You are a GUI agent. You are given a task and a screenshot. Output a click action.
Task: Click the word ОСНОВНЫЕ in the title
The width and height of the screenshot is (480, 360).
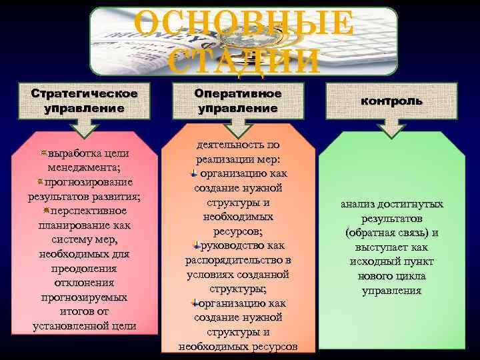[244, 24]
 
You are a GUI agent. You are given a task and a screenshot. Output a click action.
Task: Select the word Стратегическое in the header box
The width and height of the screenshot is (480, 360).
[85, 92]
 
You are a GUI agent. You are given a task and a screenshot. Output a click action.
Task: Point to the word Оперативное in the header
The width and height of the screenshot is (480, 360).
[238, 93]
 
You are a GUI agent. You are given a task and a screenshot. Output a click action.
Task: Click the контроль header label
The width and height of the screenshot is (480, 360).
[391, 101]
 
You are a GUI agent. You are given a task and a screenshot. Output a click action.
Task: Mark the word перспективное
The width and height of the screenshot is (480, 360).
[89, 211]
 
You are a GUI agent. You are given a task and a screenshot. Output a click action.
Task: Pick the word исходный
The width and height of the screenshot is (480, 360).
[375, 261]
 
